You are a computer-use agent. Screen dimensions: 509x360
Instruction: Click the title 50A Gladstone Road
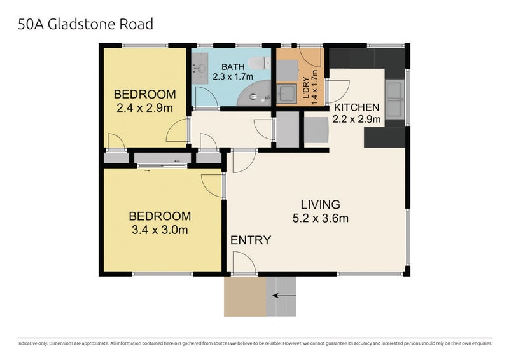coord(85,24)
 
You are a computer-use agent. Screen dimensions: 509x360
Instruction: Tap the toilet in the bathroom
coord(259,63)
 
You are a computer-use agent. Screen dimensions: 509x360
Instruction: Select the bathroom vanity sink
coord(200,68)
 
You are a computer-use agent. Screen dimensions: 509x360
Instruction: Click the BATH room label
coord(233,67)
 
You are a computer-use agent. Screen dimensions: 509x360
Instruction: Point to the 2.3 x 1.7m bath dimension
coord(233,77)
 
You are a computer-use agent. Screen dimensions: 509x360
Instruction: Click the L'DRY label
coord(305,88)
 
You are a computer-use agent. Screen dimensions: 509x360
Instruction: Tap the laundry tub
coord(287,93)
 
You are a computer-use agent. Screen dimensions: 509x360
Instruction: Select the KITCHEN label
coord(356,107)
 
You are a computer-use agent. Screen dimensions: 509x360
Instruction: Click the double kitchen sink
coord(394,100)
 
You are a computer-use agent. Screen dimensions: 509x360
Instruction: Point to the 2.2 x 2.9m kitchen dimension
coord(356,119)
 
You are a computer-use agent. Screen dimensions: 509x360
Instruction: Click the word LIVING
coord(321,205)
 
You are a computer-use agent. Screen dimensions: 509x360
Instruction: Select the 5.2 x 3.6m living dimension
coord(321,218)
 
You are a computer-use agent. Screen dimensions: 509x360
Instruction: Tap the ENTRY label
coord(251,240)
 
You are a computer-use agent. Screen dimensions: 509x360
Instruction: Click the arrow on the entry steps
coord(284,296)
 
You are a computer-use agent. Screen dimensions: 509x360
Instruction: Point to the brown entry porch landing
coord(245,296)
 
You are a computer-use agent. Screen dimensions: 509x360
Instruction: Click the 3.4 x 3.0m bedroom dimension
coord(160,230)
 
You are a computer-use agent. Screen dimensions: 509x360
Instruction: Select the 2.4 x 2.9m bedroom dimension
coord(144,107)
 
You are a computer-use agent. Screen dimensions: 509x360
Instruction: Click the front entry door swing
coord(244,262)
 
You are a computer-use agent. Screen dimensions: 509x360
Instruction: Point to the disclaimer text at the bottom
coord(255,343)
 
